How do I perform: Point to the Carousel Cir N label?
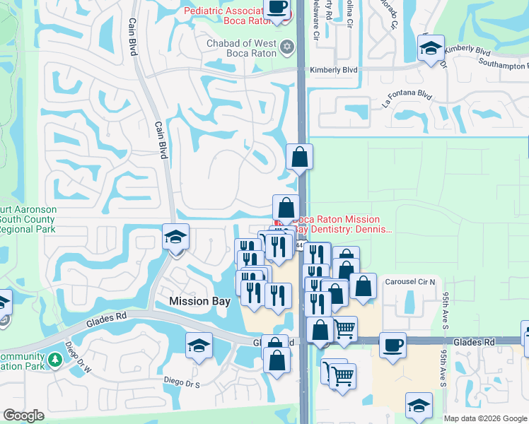[x=409, y=281]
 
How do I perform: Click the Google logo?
[x=23, y=416]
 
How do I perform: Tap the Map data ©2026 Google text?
[x=485, y=418]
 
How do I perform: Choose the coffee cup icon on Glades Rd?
[x=393, y=345]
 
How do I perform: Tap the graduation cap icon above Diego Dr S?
[x=199, y=346]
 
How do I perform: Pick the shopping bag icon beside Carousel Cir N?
[x=363, y=286]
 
